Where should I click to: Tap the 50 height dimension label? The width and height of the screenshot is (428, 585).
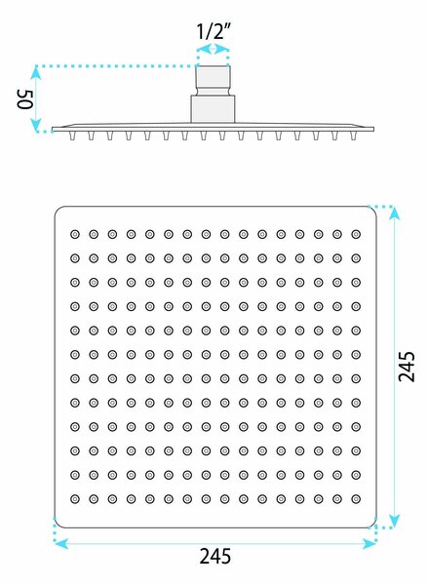25,99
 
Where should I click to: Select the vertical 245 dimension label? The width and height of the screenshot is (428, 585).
407,367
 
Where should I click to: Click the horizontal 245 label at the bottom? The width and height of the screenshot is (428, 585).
215,557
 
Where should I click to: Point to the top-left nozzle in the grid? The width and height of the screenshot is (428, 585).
75,234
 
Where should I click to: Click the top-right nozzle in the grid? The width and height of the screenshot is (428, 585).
356,234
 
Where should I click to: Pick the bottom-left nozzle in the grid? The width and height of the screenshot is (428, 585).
75,499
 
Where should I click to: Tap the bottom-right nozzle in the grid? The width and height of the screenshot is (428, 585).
356,499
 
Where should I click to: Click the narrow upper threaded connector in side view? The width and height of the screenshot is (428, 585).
214,81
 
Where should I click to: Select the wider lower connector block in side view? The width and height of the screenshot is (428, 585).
213,109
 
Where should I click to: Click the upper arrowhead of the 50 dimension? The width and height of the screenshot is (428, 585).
36,72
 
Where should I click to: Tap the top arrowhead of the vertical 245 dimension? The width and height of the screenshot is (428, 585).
395,213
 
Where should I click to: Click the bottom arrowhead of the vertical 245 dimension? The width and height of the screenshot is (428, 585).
395,521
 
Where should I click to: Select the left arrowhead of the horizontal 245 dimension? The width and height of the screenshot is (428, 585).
61,544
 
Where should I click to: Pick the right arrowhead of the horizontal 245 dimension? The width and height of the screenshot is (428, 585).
370,544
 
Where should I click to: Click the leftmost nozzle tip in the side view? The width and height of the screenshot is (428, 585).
72,136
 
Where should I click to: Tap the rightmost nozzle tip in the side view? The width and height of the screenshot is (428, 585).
353,136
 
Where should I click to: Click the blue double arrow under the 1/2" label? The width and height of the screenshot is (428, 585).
213,49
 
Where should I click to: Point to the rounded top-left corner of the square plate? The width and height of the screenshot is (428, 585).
58,210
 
